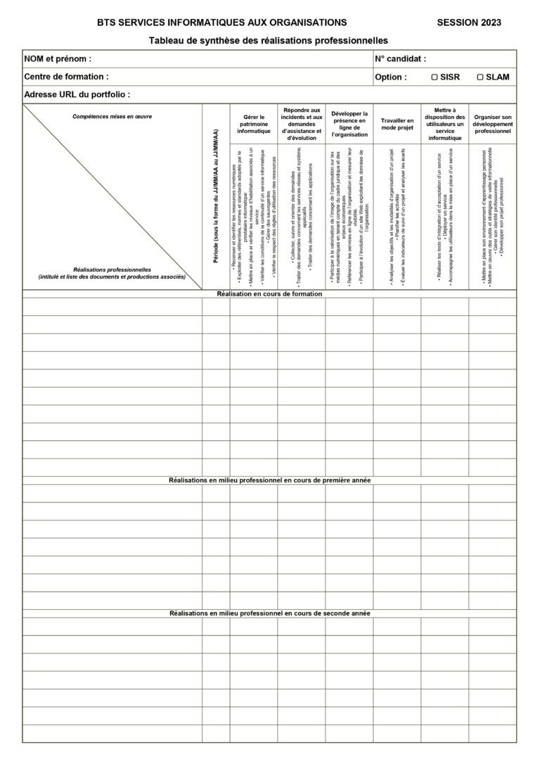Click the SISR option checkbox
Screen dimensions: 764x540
pos(435,77)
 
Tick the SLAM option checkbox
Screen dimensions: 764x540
pos(480,77)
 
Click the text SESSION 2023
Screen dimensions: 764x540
pos(469,23)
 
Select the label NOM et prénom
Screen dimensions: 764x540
pos(58,59)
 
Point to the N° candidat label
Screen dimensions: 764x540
pos(400,59)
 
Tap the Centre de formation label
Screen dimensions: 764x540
pos(66,77)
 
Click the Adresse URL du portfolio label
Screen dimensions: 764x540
pos(77,94)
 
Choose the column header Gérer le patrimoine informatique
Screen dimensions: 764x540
pos(253,125)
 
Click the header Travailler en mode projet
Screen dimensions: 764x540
pos(397,125)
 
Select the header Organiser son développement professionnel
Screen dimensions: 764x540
pos(492,125)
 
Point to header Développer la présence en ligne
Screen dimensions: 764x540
pos(349,124)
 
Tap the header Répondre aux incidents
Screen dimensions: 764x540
pos(301,124)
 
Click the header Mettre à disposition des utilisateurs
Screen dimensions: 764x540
pos(444,124)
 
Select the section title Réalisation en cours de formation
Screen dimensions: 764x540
pos(269,294)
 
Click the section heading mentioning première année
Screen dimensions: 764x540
pos(269,480)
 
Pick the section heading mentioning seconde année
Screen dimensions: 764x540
pos(269,613)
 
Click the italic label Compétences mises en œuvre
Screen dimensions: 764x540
pos(112,117)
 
